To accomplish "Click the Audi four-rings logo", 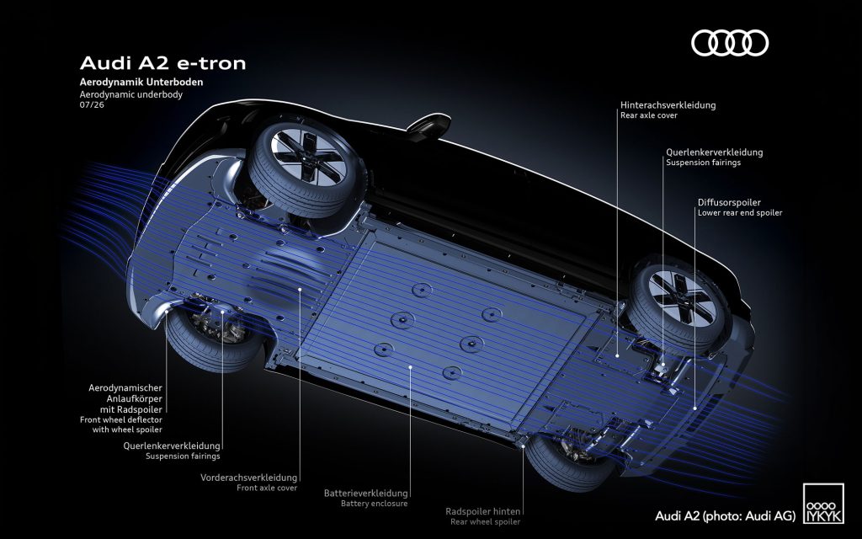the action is pyautogui.click(x=730, y=43).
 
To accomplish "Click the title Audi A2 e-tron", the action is pyautogui.click(x=162, y=63).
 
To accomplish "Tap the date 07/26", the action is pyautogui.click(x=92, y=104).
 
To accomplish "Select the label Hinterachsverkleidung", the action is pyautogui.click(x=668, y=104).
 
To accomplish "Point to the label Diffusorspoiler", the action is pyautogui.click(x=730, y=202).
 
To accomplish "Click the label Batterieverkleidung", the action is pyautogui.click(x=365, y=494).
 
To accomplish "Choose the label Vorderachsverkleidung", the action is pyautogui.click(x=248, y=478).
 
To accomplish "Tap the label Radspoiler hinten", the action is pyautogui.click(x=482, y=511).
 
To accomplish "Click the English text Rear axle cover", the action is pyautogui.click(x=649, y=115).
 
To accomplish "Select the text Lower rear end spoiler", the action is pyautogui.click(x=740, y=213).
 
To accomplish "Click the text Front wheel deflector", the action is pyautogui.click(x=121, y=419).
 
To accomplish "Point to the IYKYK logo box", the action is pyautogui.click(x=823, y=504).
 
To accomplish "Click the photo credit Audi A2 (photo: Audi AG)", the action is pyautogui.click(x=725, y=516).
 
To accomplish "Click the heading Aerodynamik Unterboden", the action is pyautogui.click(x=141, y=82).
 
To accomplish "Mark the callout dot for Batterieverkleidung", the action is pyautogui.click(x=410, y=366).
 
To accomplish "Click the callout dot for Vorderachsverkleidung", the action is pyautogui.click(x=300, y=288).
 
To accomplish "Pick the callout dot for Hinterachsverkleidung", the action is pyautogui.click(x=617, y=356).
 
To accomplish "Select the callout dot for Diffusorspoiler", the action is pyautogui.click(x=694, y=408).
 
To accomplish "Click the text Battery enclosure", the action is pyautogui.click(x=375, y=504).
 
